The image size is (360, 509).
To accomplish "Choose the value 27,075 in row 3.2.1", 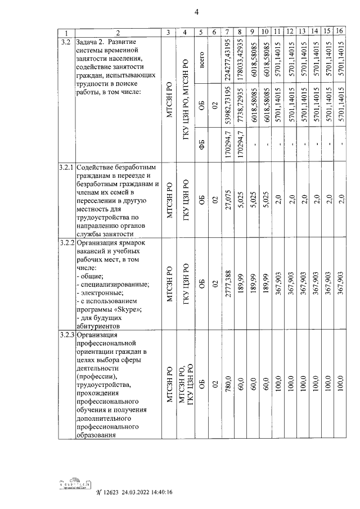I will pyautogui.click(x=228, y=200).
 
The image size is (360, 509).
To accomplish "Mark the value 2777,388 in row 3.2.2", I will pyautogui.click(x=228, y=285).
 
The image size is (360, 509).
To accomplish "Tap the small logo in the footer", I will pyautogui.click(x=74, y=487).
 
